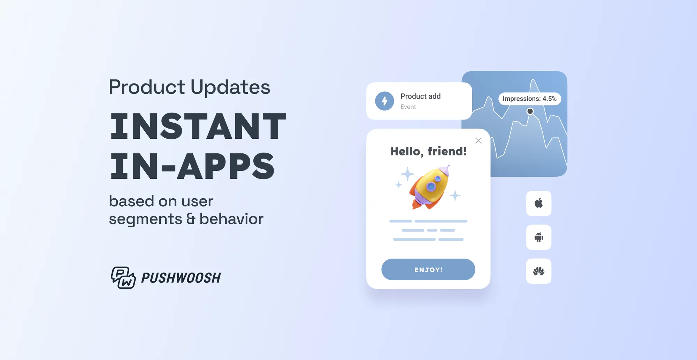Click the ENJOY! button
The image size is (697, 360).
coord(428,269)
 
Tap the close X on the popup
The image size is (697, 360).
coord(478,141)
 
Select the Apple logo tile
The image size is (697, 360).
coord(538,203)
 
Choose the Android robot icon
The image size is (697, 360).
coord(538,237)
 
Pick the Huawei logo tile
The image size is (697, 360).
coord(538,271)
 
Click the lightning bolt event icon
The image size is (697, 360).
coord(384,101)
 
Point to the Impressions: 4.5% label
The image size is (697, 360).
coord(529,99)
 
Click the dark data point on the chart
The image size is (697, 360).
coord(530,111)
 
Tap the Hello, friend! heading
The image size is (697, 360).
coord(428,151)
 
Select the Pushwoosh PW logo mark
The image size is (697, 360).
coord(123,277)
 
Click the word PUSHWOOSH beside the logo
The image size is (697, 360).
coord(181,278)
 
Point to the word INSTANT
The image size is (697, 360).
coord(198,126)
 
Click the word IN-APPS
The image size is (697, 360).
coord(192,166)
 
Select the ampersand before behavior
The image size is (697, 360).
coord(191,219)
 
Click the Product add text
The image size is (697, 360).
coord(420,96)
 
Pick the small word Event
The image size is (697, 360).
coord(408,107)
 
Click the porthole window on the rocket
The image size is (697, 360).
coord(431,187)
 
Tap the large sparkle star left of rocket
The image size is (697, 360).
coord(407,174)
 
